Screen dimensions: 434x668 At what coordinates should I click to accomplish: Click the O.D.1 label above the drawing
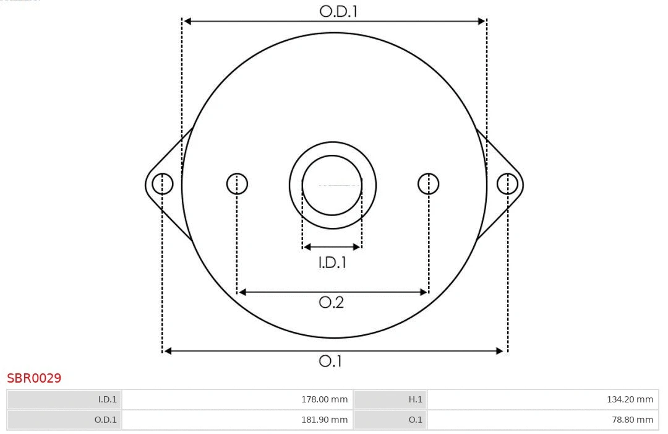coord(338,11)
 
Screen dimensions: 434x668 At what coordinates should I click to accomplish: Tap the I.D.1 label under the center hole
coord(332,263)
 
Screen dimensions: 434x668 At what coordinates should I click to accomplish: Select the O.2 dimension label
coord(331,302)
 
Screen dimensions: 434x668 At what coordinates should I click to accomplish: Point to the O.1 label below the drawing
coord(330,361)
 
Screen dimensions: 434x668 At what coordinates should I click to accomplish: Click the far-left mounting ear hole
coord(163,184)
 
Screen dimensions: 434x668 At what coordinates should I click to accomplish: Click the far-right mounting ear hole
coord(507,184)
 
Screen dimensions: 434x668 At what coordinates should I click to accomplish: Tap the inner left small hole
coord(237,184)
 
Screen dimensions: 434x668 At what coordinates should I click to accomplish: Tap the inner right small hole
coord(429,184)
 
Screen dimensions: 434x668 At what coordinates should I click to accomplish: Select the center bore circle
coord(332,184)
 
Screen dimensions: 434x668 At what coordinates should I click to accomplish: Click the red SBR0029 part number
coord(34,378)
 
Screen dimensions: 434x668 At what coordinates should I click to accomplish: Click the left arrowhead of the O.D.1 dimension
coord(187,21)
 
